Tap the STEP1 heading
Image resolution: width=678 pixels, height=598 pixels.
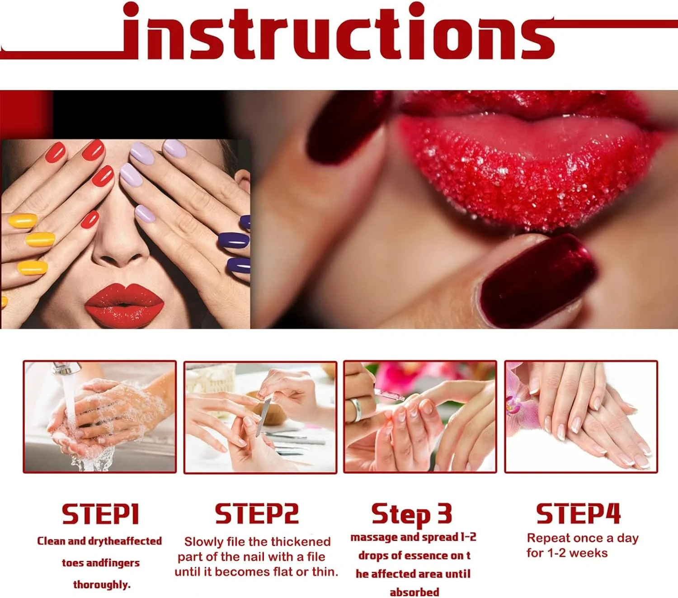click(100, 514)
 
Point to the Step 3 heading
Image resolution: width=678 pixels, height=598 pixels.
click(412, 514)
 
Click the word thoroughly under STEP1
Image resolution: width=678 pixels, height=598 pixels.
click(102, 585)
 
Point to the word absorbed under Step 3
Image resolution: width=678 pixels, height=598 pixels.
click(414, 592)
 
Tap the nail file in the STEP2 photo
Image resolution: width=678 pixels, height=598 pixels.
click(264, 416)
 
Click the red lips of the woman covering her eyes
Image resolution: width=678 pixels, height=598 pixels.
click(124, 305)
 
